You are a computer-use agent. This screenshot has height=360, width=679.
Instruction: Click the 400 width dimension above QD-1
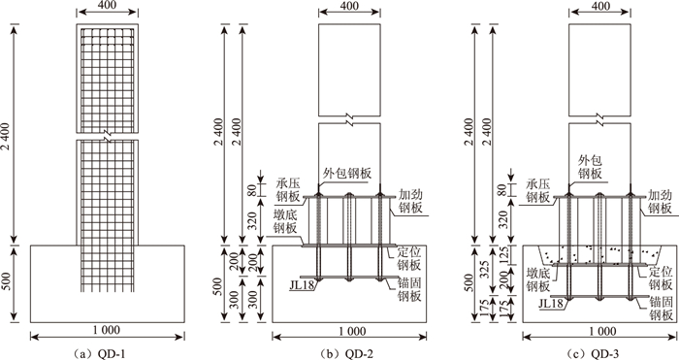pos(107,6)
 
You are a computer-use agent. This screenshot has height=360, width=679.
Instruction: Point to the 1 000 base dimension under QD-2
pos(350,332)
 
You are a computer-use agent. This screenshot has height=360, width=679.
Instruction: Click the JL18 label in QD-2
pos(303,285)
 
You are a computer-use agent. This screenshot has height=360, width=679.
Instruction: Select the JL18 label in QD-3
pos(551,304)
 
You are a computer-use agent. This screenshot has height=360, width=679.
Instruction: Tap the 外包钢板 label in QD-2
pos(347,174)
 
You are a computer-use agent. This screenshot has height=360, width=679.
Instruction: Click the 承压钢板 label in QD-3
pos(537,190)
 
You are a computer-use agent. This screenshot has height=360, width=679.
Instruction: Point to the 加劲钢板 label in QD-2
pos(410,201)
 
